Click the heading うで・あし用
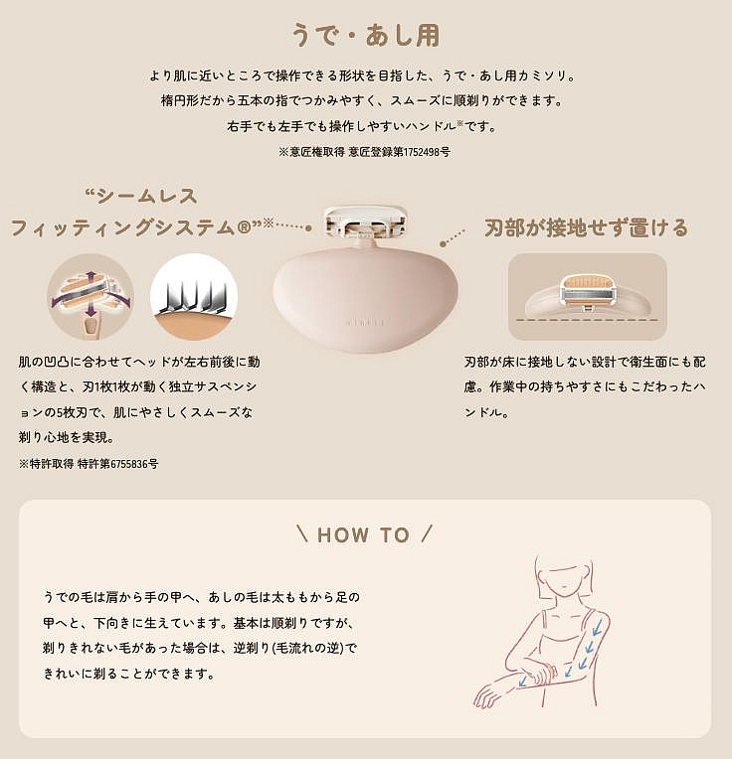point(366,36)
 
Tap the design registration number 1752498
point(422,152)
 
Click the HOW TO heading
point(364,534)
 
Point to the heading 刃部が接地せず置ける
point(586,228)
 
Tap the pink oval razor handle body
point(365,300)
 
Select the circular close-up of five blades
point(194,296)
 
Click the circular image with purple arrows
point(91,296)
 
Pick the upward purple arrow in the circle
point(91,279)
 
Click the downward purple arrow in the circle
point(91,310)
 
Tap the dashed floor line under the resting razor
point(587,320)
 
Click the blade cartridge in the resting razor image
point(587,290)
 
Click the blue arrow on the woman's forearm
point(522,682)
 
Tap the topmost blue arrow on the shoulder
point(597,627)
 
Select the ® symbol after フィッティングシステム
point(244,228)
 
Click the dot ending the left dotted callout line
point(308,228)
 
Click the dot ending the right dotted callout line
point(443,244)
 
